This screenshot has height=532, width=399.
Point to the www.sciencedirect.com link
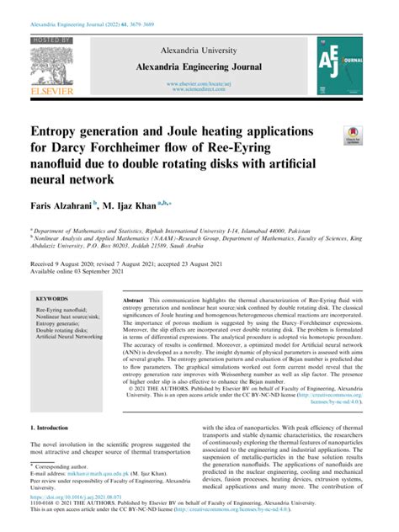[199, 89]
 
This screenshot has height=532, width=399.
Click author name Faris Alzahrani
[61, 204]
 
